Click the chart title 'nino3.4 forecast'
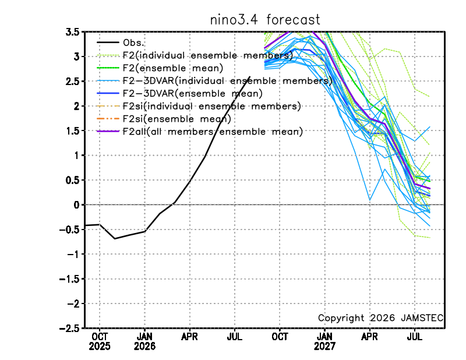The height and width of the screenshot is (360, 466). (x=265, y=20)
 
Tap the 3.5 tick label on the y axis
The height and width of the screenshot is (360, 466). (x=72, y=32)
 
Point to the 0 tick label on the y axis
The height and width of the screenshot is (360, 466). (x=77, y=205)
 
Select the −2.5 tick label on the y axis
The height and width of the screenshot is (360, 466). (x=69, y=329)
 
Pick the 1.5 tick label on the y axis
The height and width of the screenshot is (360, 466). (x=72, y=131)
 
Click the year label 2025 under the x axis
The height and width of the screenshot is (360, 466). (x=100, y=347)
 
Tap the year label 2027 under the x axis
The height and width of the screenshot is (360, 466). (x=324, y=347)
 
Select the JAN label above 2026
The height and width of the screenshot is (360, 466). (x=144, y=337)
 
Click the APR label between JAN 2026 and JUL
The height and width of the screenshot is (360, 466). (x=190, y=337)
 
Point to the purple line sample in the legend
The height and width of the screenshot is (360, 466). (x=108, y=131)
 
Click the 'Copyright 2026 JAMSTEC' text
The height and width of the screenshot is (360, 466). (x=380, y=318)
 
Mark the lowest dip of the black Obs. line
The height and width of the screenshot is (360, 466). (x=115, y=238)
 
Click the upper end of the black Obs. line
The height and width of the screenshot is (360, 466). (x=250, y=77)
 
